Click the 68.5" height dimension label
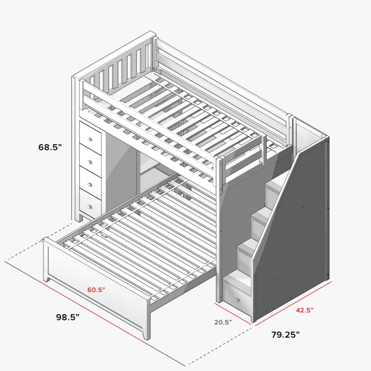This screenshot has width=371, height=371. (50, 147)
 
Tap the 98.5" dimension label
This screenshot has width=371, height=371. (68, 317)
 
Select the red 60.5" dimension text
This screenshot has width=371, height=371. (96, 289)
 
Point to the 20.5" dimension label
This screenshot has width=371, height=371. (223, 322)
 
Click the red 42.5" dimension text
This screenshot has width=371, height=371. (305, 310)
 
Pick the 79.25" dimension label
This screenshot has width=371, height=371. (285, 334)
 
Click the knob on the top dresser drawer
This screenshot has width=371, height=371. (90, 140)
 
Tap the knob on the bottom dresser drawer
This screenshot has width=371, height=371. (90, 207)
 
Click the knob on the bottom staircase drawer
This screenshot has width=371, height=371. (237, 300)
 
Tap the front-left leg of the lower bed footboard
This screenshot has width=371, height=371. (47, 279)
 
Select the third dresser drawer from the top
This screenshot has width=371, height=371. (90, 182)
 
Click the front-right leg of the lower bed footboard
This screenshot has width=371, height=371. (147, 335)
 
